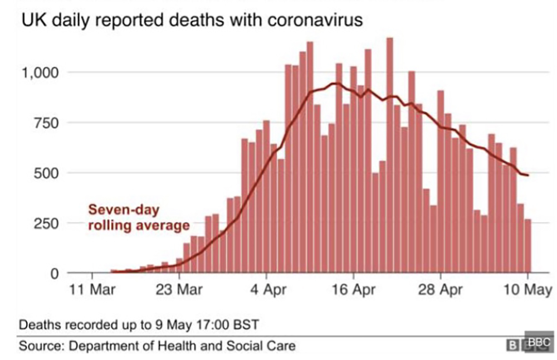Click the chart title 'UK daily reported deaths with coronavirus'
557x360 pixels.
[x=192, y=20]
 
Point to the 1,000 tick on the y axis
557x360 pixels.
[x=40, y=73]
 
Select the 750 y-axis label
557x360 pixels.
[x=46, y=123]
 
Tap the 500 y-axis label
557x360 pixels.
[x=46, y=174]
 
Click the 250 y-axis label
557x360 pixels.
[x=46, y=224]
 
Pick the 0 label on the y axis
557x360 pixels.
[x=55, y=274]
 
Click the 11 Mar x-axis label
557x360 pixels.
[x=92, y=290]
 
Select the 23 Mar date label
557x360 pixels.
[x=179, y=290]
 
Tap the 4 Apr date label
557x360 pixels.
[x=268, y=290]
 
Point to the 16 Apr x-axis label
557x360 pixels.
[x=354, y=290]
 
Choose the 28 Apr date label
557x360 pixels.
[x=441, y=290]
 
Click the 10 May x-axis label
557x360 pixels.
[x=528, y=290]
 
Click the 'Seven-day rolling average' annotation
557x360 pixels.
[x=139, y=217]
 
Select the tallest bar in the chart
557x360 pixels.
[x=390, y=155]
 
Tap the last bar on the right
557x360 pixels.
[x=528, y=246]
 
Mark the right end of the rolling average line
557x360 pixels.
[x=529, y=175]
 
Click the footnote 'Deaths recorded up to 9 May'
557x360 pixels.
[x=139, y=325]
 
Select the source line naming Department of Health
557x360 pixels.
[x=157, y=346]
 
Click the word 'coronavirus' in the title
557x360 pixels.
[x=315, y=20]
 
